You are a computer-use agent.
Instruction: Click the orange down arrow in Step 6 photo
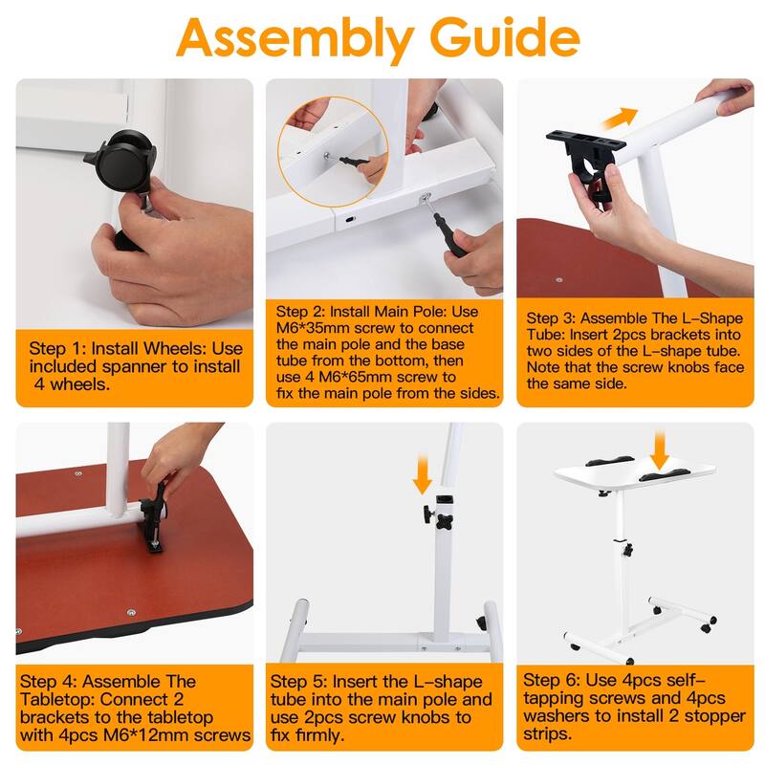[x=660, y=449]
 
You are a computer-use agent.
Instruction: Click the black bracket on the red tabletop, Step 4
[x=154, y=517]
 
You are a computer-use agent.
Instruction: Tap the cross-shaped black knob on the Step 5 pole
[x=444, y=522]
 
